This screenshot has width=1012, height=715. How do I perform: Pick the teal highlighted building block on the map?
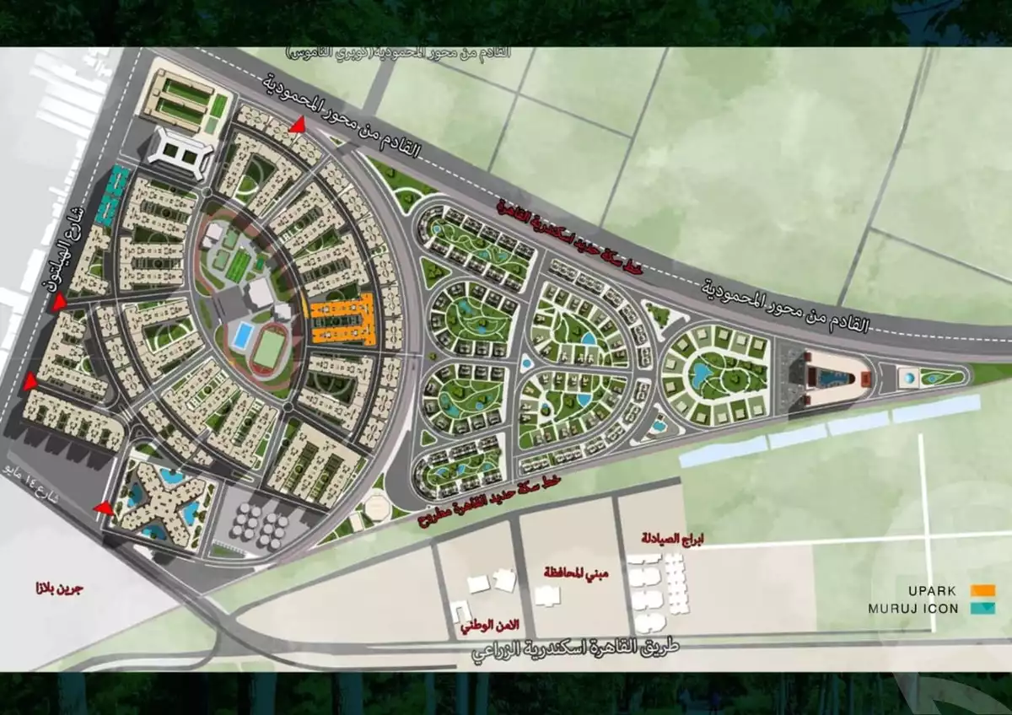pyautogui.click(x=112, y=196)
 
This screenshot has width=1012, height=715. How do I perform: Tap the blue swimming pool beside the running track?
pyautogui.click(x=241, y=336)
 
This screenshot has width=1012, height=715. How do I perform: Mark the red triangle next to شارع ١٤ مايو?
pyautogui.click(x=104, y=508)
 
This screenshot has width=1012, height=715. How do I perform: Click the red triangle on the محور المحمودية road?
pyautogui.click(x=297, y=126)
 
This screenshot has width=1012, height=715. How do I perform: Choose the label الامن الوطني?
pyautogui.click(x=490, y=625)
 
